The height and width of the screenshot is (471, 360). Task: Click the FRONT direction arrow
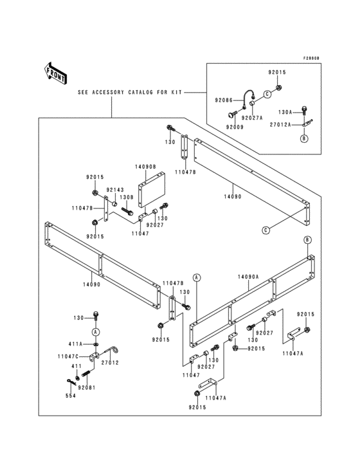click(x=56, y=73)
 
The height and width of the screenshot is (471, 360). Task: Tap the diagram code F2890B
click(x=307, y=58)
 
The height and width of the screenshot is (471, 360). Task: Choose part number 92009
click(x=235, y=127)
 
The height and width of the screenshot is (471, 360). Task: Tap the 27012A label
click(x=281, y=124)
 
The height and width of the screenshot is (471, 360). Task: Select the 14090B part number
click(x=145, y=166)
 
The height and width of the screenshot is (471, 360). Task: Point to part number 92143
click(x=115, y=190)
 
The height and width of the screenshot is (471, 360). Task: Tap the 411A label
click(x=77, y=344)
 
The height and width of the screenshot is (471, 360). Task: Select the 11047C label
click(x=69, y=356)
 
